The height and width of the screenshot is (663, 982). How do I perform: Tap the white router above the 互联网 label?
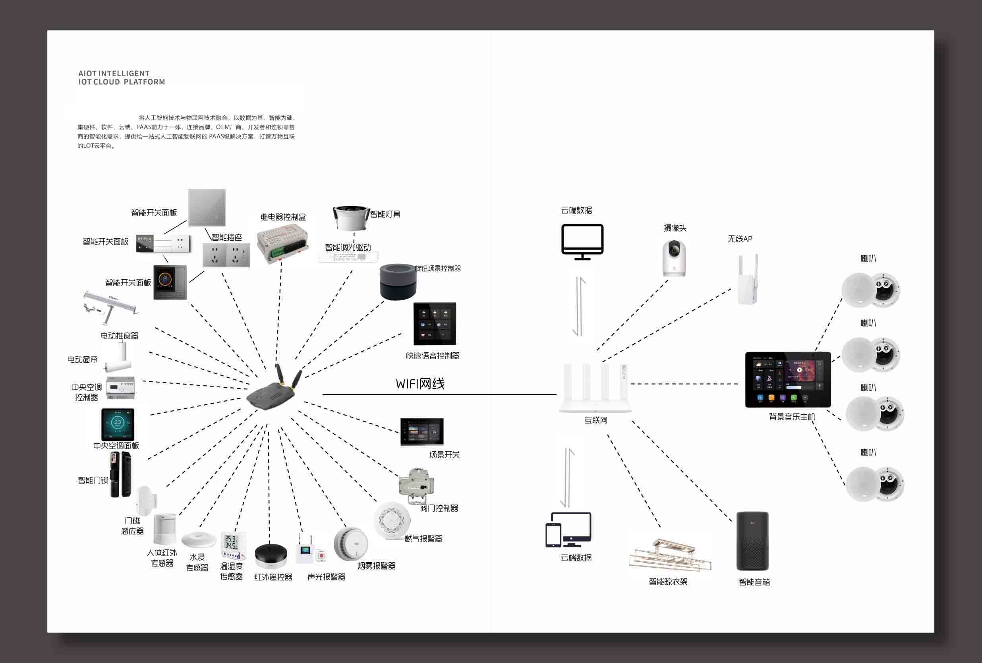coord(595,389)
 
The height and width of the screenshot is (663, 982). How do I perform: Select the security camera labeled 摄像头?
coord(674,258)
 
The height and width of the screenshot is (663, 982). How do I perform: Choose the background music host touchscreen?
coord(788,379)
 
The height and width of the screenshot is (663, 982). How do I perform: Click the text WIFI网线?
coord(420,384)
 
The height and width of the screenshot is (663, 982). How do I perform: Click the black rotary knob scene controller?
coord(398,282)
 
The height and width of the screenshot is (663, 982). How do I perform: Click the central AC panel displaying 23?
coord(118,424)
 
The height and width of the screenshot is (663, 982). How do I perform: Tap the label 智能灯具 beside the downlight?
coord(385,214)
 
